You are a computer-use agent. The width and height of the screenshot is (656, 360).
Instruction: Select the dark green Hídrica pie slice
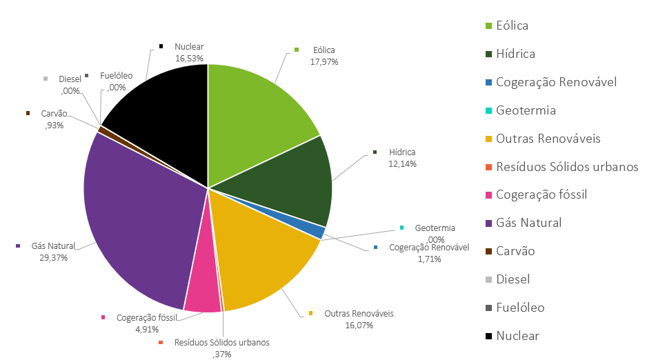pos(290,183)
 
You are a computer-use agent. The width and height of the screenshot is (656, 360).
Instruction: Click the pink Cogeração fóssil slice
pos(202,290)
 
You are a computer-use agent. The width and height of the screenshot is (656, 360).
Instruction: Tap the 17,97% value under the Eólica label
pos(324,61)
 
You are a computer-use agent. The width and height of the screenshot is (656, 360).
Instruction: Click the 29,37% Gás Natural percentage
pos(45,257)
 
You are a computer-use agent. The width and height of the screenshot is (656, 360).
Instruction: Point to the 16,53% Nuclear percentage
pos(189,59)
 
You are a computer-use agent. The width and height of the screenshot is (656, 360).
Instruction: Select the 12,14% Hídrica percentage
pos(403,163)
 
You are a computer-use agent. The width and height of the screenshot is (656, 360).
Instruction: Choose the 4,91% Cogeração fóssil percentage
pos(148,329)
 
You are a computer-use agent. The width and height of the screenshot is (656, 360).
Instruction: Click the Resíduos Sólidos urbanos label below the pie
pos(221,342)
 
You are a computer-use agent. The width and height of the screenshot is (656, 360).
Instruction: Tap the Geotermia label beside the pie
pos(435,228)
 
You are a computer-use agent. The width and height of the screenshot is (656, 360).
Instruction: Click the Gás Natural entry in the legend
pos(529,223)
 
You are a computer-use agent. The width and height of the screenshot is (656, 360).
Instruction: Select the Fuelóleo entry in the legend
pos(520,308)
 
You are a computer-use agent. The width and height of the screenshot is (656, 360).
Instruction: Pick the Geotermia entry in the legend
pos(526,110)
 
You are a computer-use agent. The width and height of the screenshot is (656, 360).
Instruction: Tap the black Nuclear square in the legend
pos(488,336)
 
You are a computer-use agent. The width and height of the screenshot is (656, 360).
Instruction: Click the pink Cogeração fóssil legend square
pos(488,195)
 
